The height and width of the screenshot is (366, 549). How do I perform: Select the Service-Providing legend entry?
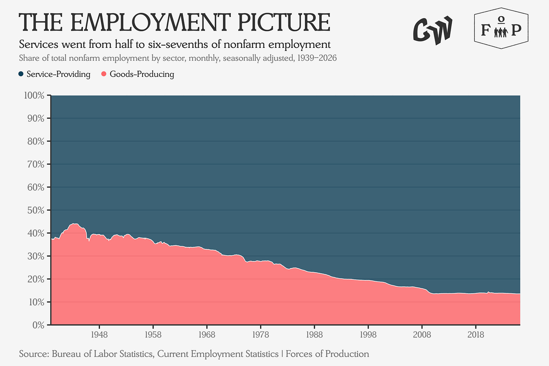(54, 74)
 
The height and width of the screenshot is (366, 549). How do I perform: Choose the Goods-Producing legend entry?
(138, 74)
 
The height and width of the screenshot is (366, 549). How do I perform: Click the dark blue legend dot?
(21, 74)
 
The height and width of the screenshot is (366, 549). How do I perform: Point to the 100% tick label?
(34, 95)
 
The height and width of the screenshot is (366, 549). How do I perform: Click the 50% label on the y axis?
(35, 210)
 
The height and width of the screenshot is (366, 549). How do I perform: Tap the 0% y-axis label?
(38, 325)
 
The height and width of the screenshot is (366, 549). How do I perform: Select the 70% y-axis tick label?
(35, 164)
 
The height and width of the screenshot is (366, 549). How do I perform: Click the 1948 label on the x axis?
(99, 335)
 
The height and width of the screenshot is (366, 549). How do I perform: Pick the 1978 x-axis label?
(261, 335)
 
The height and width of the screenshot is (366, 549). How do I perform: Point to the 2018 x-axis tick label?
(476, 335)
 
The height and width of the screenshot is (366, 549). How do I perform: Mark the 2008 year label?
(422, 335)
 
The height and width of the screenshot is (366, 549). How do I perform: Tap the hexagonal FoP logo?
(501, 28)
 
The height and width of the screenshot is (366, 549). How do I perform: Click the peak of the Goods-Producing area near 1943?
(74, 224)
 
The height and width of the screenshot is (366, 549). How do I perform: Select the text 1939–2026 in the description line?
(317, 58)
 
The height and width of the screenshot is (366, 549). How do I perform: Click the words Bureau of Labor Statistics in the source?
(103, 354)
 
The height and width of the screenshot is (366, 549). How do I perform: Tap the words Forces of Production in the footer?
(327, 354)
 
